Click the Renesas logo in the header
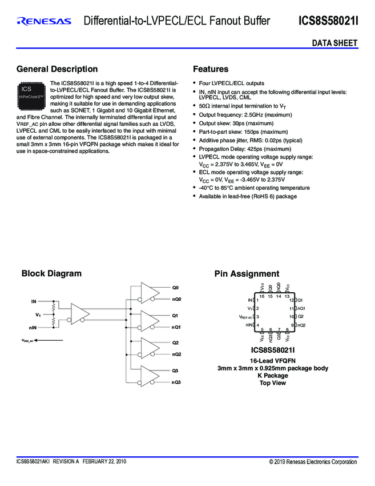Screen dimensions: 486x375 (44, 22)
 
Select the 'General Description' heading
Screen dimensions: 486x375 (57, 69)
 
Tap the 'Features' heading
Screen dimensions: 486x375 (211, 69)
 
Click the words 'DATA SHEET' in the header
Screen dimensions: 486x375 (334, 43)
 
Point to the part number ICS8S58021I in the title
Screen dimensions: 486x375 (328, 22)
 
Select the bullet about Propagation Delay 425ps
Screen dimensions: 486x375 (239, 148)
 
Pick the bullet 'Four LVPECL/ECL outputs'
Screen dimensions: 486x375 (231, 83)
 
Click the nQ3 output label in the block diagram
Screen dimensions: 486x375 (176, 381)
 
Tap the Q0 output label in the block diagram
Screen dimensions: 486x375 (175, 287)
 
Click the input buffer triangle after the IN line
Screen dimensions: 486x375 (77, 313)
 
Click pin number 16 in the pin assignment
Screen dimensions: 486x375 (262, 296)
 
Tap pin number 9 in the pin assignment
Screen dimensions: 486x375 (292, 325)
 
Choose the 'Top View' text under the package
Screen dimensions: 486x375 (273, 383)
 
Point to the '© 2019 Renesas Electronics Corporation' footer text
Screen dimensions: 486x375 (313, 461)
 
